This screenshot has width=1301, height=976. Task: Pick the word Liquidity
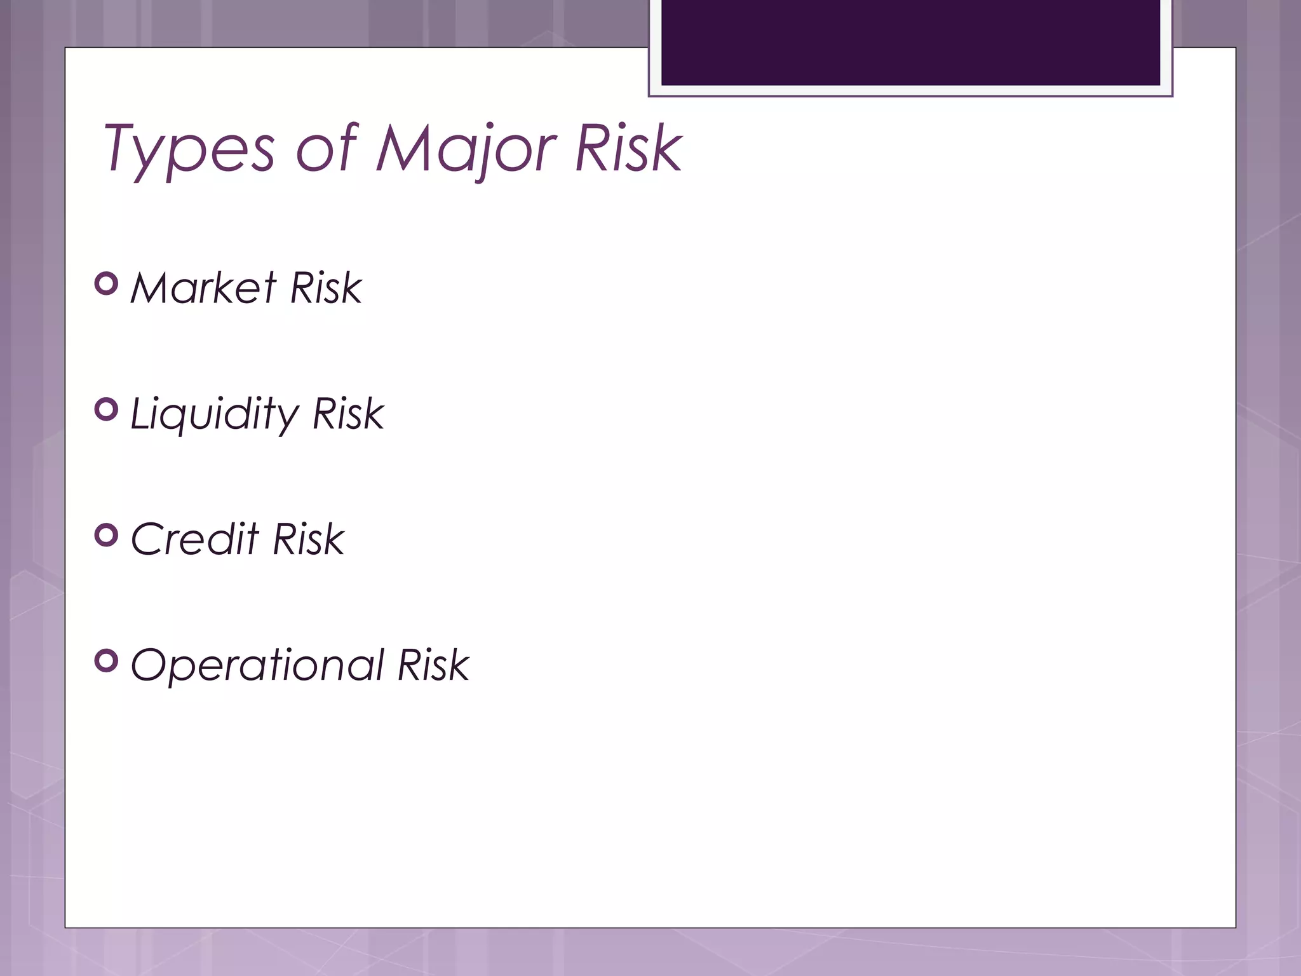214,414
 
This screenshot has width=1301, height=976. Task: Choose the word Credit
194,539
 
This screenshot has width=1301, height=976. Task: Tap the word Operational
257,666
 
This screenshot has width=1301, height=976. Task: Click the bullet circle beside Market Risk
106,283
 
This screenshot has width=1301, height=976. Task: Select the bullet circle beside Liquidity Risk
106,409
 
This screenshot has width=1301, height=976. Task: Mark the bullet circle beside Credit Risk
106,535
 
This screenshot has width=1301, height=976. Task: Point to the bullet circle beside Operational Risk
106,661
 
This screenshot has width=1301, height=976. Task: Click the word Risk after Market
325,288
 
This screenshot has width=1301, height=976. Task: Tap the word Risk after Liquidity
348,414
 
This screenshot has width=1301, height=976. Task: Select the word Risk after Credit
308,539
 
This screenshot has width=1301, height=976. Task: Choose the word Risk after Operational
433,666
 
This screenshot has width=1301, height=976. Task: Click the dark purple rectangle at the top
910,42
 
